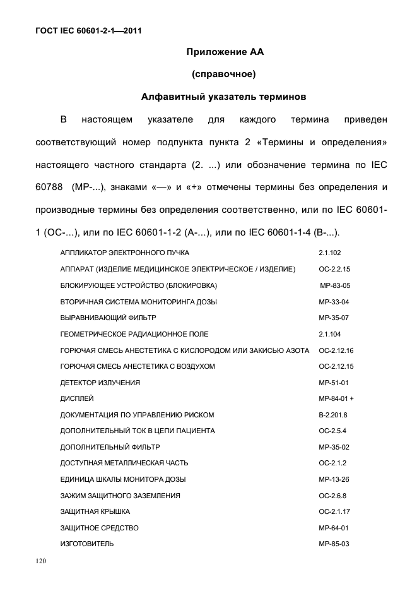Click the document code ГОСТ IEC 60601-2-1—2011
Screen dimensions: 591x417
(x=88, y=30)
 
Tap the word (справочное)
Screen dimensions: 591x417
(x=223, y=75)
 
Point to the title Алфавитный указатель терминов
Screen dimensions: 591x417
(x=223, y=97)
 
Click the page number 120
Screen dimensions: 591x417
(x=42, y=560)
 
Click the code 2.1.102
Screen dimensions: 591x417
(x=330, y=253)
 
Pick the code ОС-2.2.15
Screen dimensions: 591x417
(x=334, y=269)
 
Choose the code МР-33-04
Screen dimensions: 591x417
(x=334, y=302)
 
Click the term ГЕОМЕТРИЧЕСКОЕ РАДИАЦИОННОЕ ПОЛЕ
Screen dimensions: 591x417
(x=134, y=334)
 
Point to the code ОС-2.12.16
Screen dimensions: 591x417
(x=336, y=350)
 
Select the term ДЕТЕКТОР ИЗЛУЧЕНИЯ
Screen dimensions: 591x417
(x=100, y=383)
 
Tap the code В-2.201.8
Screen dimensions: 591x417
(x=333, y=415)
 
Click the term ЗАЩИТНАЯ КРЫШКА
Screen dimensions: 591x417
(x=95, y=511)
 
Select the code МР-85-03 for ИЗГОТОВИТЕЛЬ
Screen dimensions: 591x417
(x=334, y=544)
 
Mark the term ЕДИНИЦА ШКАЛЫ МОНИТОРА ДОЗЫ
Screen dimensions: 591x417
(x=123, y=479)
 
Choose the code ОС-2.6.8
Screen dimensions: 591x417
(x=332, y=496)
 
